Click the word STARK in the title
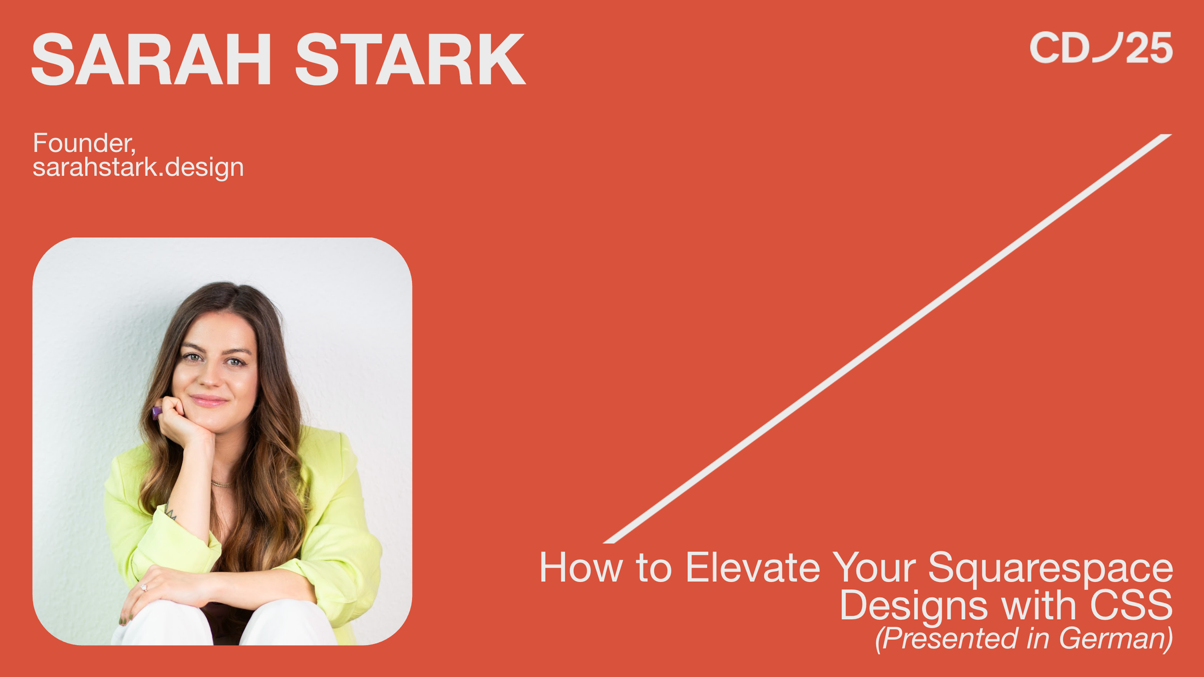coord(410,60)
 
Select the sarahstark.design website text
coord(138,167)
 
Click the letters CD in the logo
coord(1060,48)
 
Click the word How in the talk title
coord(580,568)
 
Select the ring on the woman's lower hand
coord(144,588)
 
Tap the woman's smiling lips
coord(208,400)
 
